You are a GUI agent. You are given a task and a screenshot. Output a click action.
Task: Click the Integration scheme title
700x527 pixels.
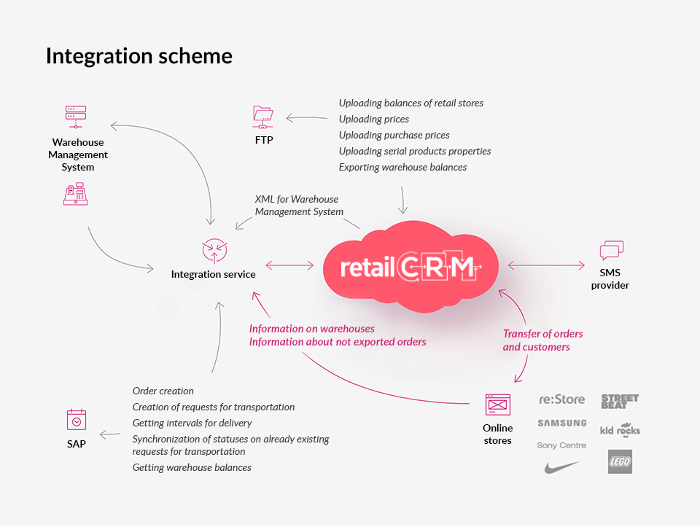(139, 57)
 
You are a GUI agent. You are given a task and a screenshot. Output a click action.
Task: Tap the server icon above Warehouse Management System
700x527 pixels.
(75, 117)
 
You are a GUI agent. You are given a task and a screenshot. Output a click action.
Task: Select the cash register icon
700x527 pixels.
(75, 194)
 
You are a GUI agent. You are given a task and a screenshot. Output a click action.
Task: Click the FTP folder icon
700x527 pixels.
(263, 117)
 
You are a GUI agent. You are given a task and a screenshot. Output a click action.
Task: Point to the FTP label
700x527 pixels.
(264, 140)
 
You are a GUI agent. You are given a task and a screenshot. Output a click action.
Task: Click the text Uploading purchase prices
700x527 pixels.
(394, 135)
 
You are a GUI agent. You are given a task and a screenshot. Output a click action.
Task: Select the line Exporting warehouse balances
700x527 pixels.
(402, 168)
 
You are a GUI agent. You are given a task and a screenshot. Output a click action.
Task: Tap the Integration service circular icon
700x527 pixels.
(214, 250)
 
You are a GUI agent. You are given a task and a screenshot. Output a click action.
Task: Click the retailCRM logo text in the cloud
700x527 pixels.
(411, 267)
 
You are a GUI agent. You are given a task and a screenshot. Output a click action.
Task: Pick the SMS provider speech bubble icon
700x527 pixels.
(612, 250)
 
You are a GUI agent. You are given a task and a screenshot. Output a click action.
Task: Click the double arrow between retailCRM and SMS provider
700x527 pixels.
(546, 265)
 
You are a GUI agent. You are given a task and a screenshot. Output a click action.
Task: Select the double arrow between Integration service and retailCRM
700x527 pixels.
(289, 265)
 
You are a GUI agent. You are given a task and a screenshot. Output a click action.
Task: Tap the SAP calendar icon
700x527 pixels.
(77, 419)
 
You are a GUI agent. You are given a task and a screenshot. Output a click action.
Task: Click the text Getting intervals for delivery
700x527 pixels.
(192, 423)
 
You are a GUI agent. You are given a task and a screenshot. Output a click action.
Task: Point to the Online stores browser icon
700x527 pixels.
(498, 405)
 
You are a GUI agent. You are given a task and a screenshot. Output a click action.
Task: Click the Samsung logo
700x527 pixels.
(562, 423)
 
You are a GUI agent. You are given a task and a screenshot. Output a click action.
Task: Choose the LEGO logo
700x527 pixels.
(620, 461)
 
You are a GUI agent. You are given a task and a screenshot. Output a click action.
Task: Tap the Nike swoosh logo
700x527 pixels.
(562, 467)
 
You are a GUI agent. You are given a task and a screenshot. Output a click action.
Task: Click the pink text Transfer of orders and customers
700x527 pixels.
(542, 340)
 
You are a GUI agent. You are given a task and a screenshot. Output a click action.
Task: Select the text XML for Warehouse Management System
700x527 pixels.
(299, 206)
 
